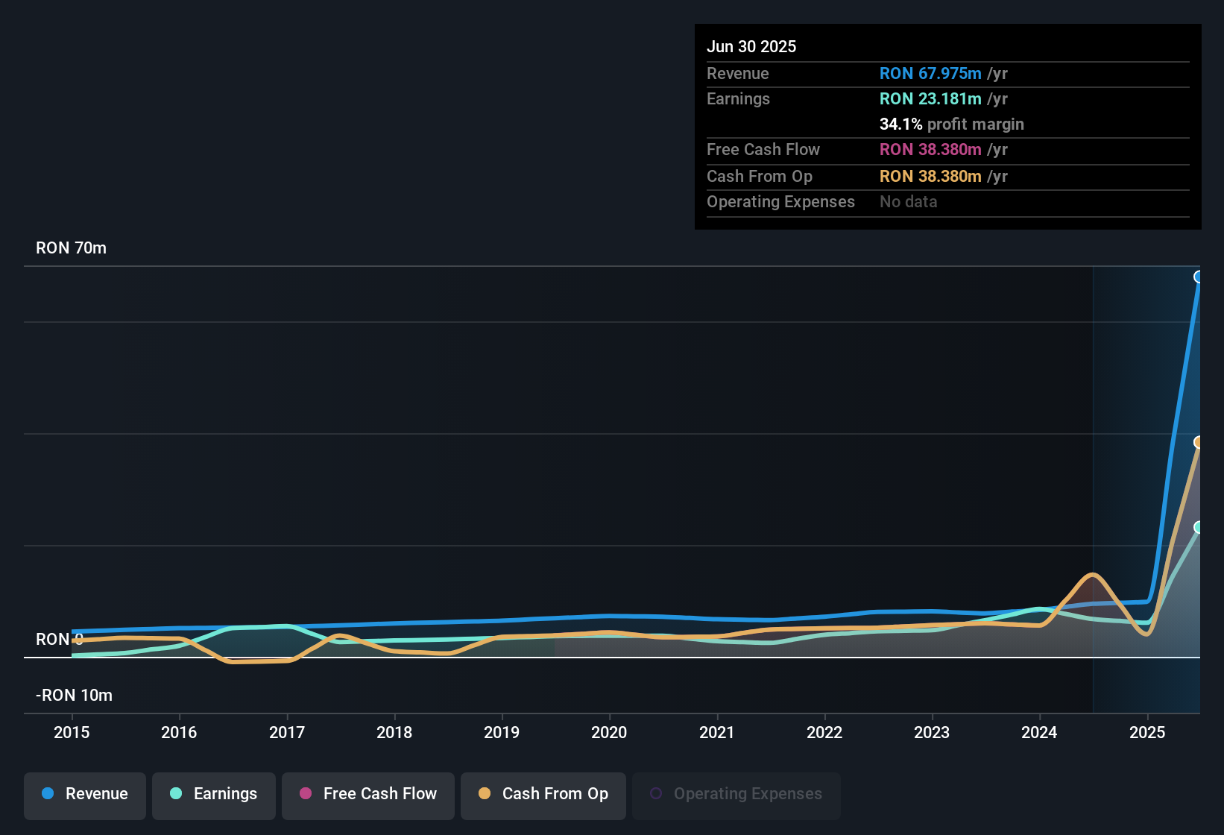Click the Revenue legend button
(x=85, y=794)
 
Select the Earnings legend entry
(x=214, y=794)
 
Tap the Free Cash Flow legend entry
(x=368, y=794)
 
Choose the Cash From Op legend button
(x=543, y=794)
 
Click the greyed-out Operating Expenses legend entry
(x=736, y=794)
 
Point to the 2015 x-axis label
(x=72, y=732)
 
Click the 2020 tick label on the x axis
(x=609, y=732)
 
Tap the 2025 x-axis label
(x=1146, y=732)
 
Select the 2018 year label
(x=394, y=732)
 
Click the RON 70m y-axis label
(x=71, y=248)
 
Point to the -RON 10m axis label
(x=74, y=695)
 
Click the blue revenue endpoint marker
(x=1199, y=277)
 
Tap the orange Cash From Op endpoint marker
(x=1199, y=442)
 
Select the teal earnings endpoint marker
(x=1199, y=527)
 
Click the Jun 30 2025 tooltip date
(x=751, y=46)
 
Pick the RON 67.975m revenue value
(x=930, y=73)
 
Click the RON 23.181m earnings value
(x=930, y=98)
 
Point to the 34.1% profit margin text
(x=951, y=124)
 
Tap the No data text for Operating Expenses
(x=908, y=201)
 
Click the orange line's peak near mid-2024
(x=1092, y=575)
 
